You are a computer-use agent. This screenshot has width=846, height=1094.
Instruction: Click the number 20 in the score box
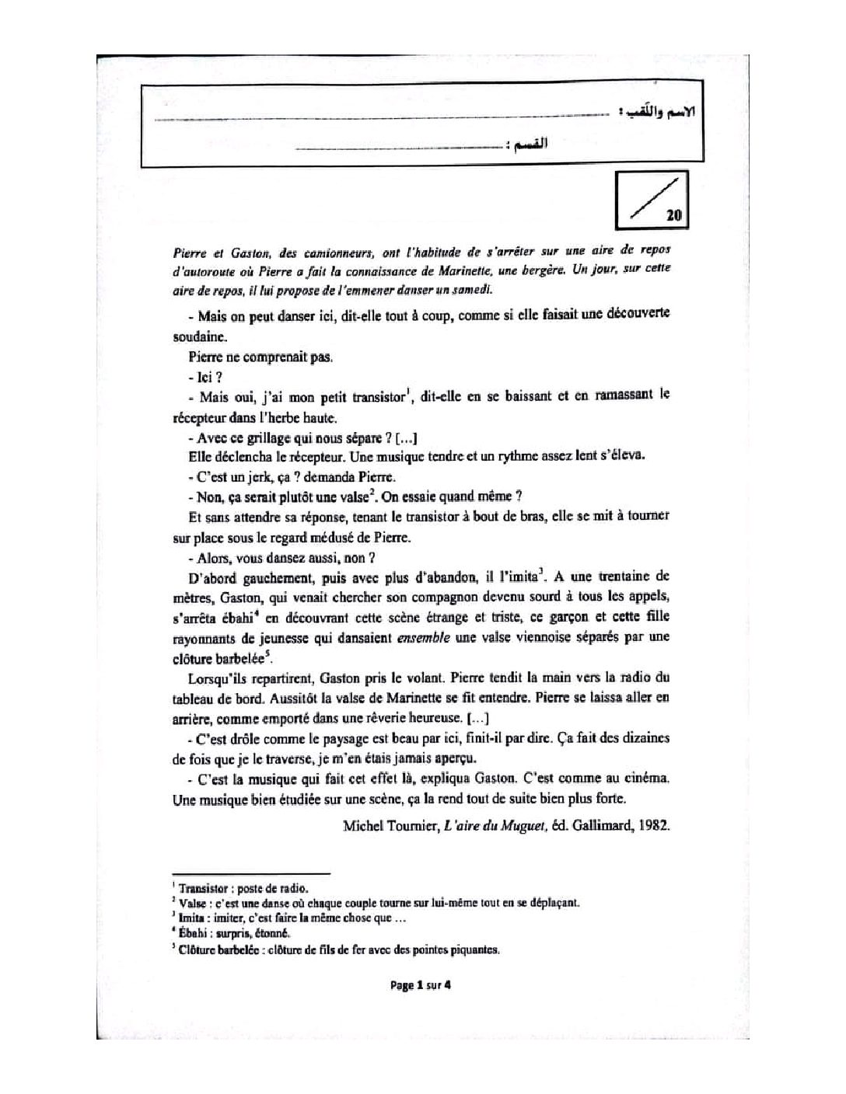(x=674, y=216)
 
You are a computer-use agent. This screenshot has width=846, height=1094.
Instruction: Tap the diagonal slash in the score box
(x=648, y=200)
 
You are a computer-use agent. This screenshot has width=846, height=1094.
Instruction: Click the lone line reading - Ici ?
(x=201, y=377)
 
